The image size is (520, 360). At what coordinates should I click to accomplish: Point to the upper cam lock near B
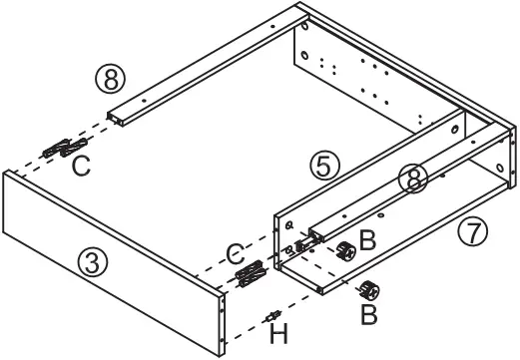click(x=346, y=250)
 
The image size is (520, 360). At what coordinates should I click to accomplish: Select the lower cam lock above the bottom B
click(x=370, y=291)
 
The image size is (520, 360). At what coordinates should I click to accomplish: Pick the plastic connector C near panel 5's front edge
click(x=250, y=270)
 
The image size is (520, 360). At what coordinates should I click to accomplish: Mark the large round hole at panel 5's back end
click(x=456, y=129)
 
